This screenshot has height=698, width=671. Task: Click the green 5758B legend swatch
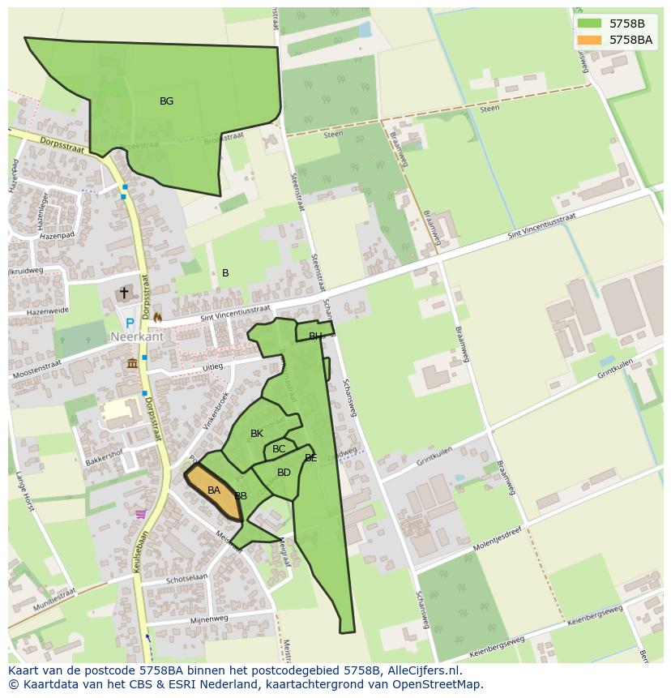tap(589, 23)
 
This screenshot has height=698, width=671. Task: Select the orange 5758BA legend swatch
tap(589, 39)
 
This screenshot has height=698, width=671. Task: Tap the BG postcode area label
tap(166, 101)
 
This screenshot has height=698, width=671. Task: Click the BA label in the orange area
tap(214, 490)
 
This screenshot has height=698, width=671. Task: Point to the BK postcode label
tap(257, 434)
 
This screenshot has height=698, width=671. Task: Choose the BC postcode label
tap(279, 449)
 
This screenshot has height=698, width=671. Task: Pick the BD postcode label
tap(284, 473)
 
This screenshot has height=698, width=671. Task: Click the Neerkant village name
tap(138, 336)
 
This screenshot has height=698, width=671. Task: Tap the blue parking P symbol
tap(130, 323)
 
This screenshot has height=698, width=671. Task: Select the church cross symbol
tap(124, 293)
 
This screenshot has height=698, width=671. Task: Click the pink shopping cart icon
tap(141, 513)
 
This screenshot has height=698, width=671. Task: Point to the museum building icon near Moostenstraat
tap(132, 363)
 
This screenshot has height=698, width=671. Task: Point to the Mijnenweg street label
tap(209, 619)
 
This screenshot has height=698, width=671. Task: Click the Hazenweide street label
tap(45, 311)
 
